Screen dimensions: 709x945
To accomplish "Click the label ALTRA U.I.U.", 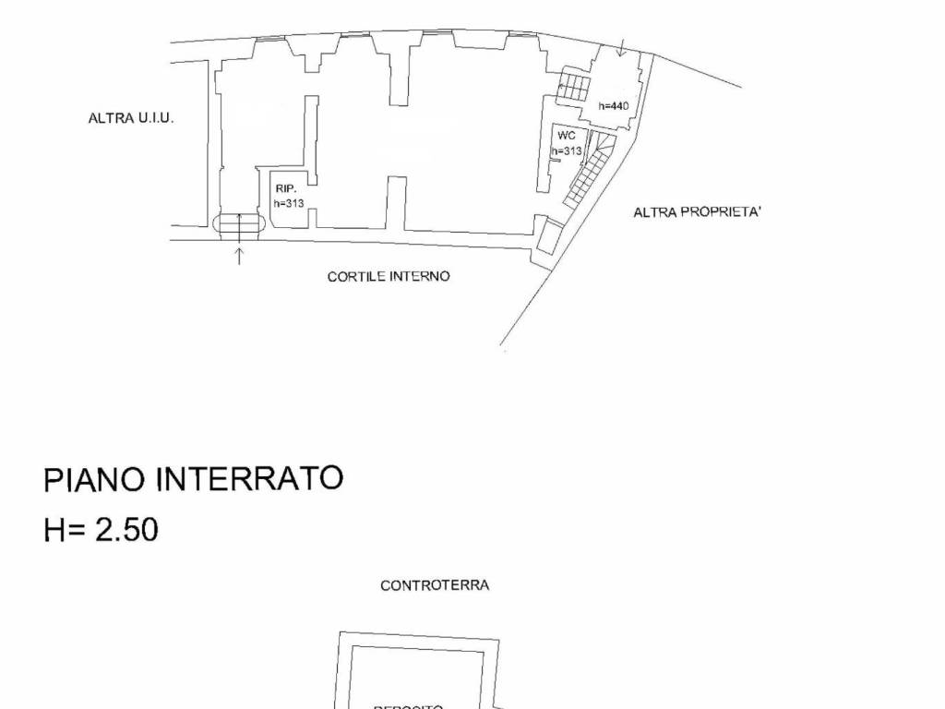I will pos(130,119).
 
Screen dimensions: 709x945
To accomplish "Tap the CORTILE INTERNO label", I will pos(389,277).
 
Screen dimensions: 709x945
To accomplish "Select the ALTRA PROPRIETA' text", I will pos(697,212).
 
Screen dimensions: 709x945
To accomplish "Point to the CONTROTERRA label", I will pos(435,585).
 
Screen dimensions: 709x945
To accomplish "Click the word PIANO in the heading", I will pos(94,480).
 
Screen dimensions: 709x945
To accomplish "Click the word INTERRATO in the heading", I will pos(248,479).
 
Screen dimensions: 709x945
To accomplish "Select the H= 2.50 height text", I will pos(101,530).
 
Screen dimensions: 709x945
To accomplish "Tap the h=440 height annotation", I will pos(613,106).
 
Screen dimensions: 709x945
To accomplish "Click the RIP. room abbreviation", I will pos(284,188).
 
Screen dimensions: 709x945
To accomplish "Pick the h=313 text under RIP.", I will pos(289,203).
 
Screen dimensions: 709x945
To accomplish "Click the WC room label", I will pos(567,135).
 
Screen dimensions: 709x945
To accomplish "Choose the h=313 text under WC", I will pos(567,151).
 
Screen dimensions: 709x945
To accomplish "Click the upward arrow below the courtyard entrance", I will pos(239,255).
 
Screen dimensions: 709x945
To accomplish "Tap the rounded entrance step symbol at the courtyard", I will pos(239,223).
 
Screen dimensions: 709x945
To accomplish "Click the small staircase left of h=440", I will pos(572,89).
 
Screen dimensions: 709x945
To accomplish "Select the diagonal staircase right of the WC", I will pos(589,170).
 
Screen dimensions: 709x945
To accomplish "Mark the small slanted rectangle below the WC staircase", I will pos(551,236).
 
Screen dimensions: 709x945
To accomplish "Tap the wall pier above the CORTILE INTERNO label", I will pos(396,203).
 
